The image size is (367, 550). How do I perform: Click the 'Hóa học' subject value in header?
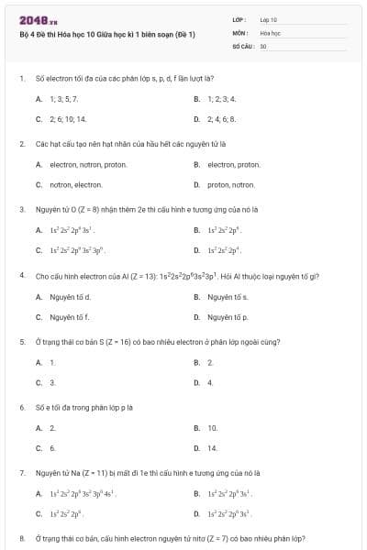270,31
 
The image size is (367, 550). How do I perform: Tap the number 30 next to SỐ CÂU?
263,44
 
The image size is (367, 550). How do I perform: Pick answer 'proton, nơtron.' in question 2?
231,184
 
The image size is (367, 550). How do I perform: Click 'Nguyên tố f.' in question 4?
69,317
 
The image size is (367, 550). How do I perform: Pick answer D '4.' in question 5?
210,382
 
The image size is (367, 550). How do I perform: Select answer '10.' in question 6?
213,427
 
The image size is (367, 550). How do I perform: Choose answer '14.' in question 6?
213,447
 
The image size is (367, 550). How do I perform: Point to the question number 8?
21,539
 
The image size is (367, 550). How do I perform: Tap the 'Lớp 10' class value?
269,18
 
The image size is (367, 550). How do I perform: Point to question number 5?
21,341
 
